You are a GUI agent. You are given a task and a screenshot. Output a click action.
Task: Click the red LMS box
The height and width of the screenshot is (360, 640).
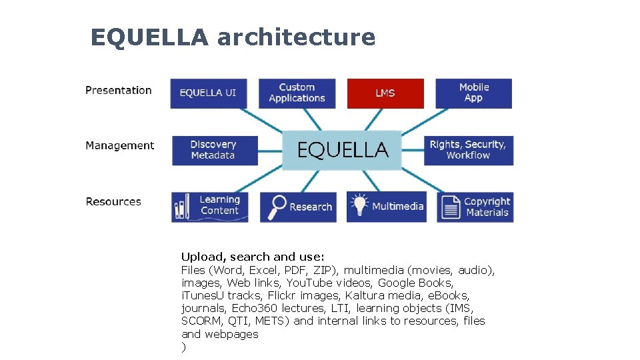(x=385, y=93)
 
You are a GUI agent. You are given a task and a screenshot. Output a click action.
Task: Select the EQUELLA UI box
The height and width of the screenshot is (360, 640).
(x=208, y=93)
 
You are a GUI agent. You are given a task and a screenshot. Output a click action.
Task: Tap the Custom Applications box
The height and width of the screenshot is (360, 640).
(x=297, y=93)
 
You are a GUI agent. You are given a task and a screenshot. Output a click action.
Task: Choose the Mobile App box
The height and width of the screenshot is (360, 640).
(x=473, y=93)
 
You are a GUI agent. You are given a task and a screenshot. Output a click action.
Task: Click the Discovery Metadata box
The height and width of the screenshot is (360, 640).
(x=213, y=150)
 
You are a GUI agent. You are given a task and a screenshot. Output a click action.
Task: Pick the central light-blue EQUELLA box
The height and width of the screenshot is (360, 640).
(x=342, y=150)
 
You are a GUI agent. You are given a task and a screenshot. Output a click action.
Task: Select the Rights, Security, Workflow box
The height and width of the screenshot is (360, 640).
(x=468, y=150)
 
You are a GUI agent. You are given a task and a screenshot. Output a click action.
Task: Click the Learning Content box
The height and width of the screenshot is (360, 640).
(x=210, y=207)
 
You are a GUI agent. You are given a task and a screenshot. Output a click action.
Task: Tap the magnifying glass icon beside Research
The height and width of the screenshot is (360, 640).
(x=276, y=207)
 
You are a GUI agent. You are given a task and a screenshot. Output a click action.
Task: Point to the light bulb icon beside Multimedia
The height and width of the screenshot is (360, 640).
(x=360, y=205)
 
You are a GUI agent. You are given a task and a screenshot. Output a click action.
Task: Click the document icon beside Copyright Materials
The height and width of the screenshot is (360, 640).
(x=451, y=207)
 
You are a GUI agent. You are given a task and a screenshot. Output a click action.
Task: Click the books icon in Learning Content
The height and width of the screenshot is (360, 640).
(x=181, y=207)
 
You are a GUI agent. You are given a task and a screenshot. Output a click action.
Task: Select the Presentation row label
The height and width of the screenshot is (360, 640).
(x=119, y=90)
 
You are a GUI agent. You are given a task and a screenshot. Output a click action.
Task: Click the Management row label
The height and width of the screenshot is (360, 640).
(x=120, y=145)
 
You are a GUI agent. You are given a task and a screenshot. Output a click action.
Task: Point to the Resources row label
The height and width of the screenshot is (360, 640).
(x=113, y=201)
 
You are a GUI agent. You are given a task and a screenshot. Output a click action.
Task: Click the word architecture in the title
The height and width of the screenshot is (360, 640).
(x=296, y=37)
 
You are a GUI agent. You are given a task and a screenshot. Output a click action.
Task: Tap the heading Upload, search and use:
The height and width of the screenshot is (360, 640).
(x=253, y=257)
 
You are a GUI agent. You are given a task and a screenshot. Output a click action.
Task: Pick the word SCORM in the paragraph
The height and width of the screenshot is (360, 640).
(x=198, y=321)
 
